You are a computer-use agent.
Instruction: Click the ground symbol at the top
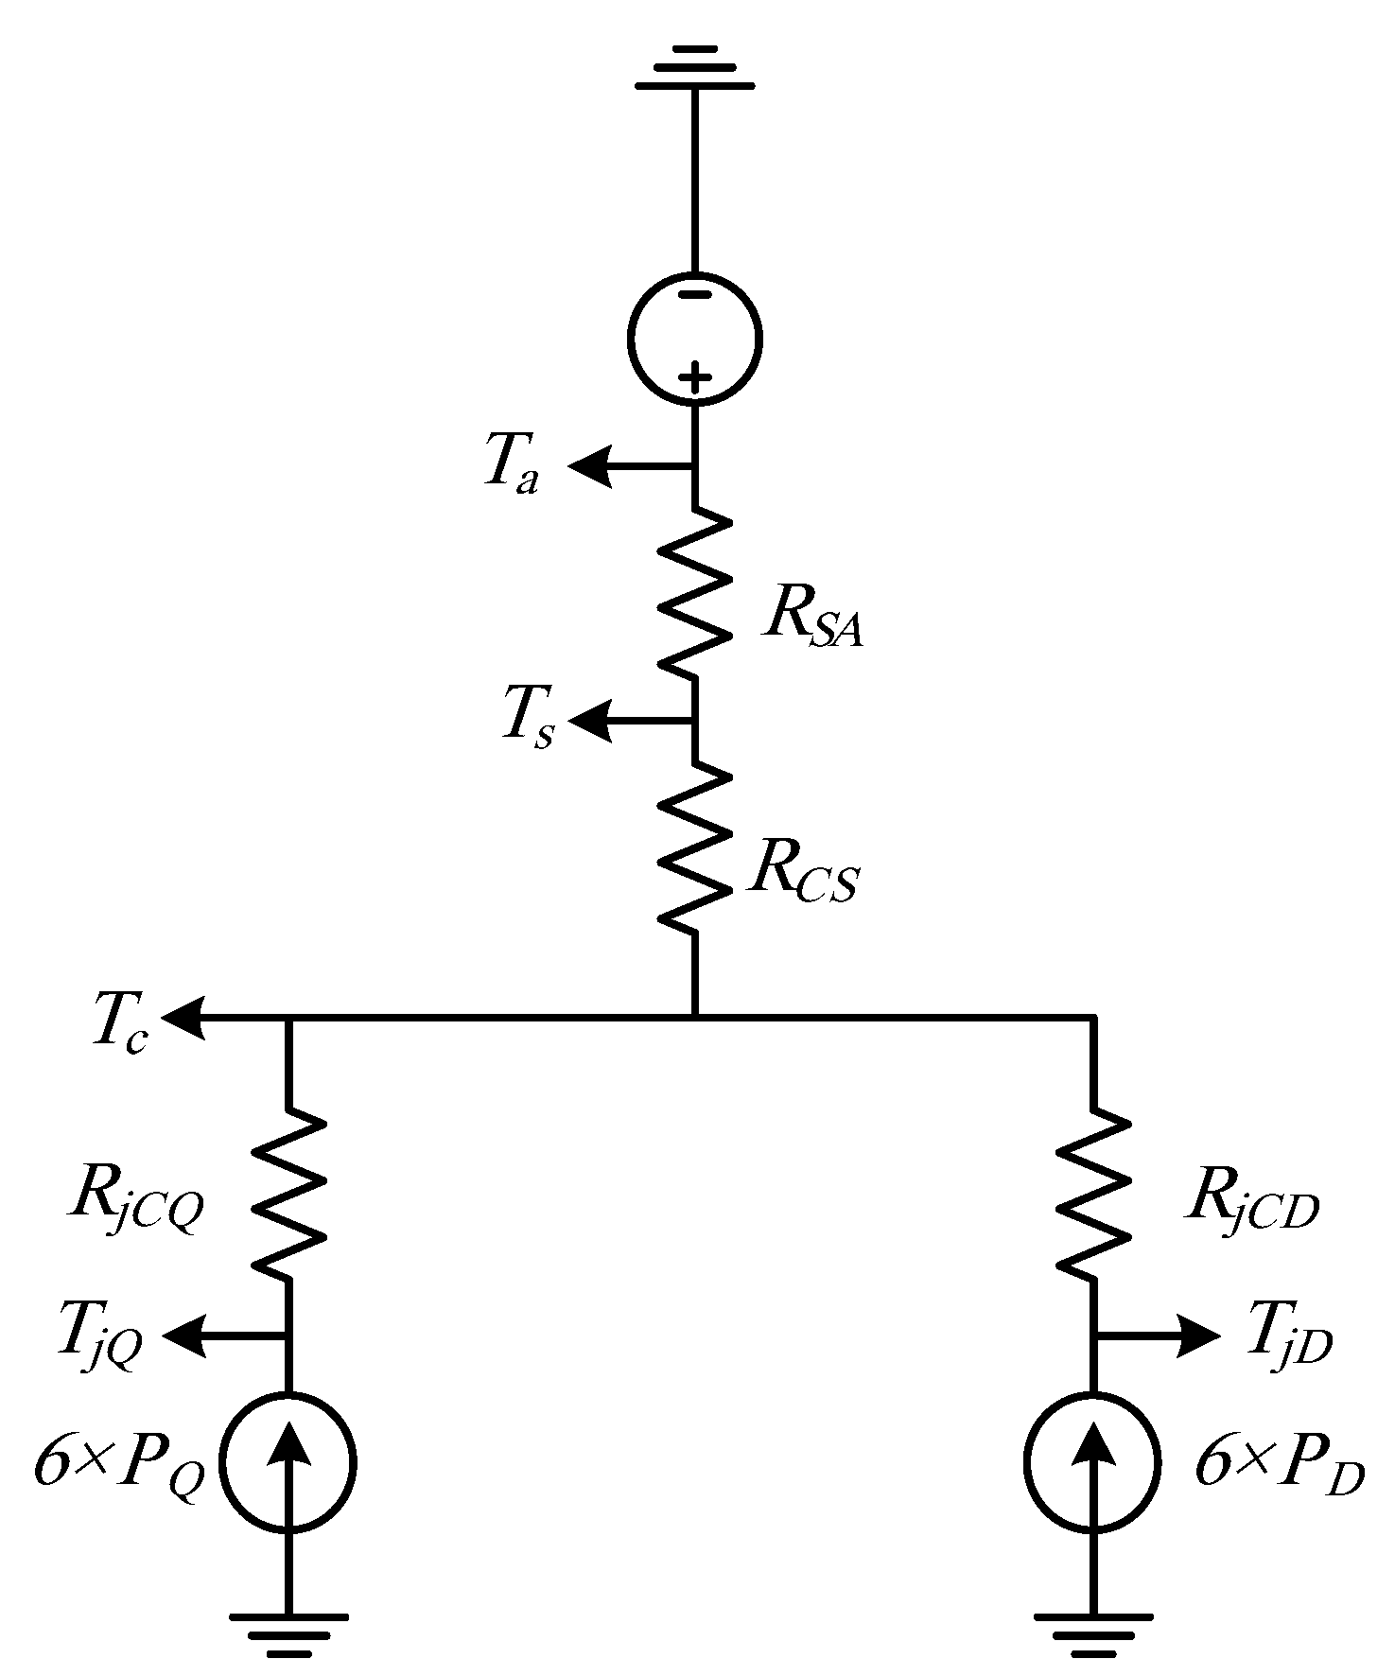695,67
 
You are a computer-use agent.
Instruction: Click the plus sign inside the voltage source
695,379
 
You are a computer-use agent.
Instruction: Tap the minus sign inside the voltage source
695,294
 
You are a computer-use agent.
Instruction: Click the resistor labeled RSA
695,593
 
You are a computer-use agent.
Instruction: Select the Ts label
528,721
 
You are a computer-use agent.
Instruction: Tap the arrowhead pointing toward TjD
1199,1336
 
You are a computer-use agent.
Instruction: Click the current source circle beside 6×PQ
288,1461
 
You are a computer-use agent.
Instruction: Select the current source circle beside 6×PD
1093,1461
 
